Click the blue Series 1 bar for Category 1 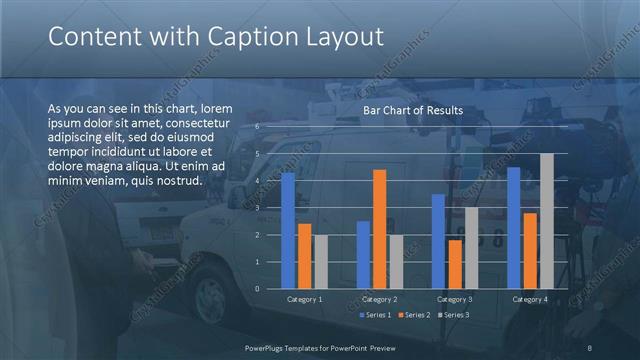(288, 230)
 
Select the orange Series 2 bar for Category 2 (379, 229)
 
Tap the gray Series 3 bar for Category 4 (546, 221)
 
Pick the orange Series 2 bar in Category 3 (455, 264)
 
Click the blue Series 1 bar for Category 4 (514, 228)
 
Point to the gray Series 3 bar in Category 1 (320, 262)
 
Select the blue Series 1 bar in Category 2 (363, 255)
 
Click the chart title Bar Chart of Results (413, 111)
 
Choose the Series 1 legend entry (376, 315)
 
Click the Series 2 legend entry (415, 315)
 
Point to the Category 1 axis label (305, 299)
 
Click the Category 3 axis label (455, 299)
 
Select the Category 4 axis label (530, 299)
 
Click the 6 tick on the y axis (257, 127)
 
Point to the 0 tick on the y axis (257, 289)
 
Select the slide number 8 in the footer (589, 347)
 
